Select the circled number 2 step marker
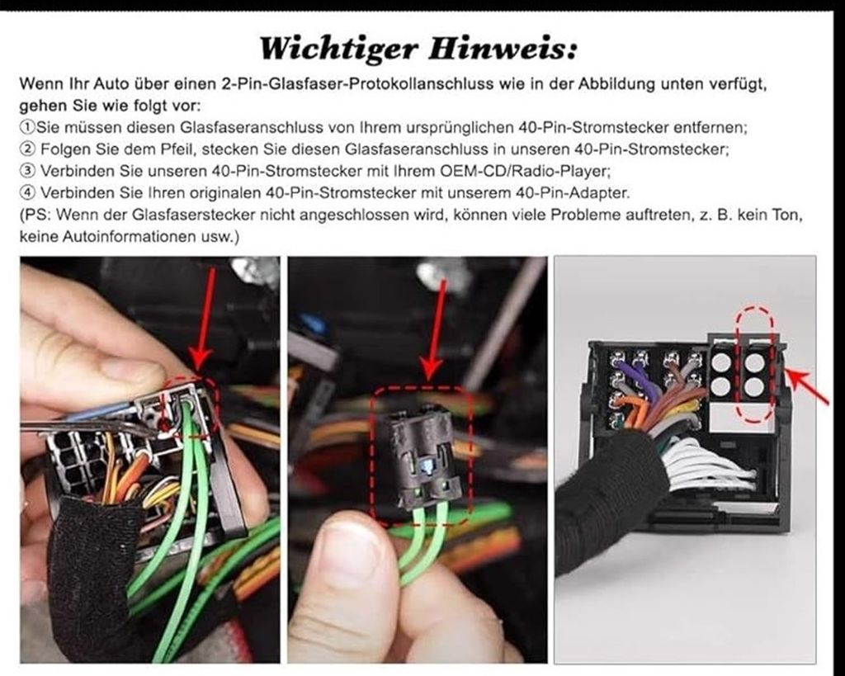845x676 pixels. (27, 150)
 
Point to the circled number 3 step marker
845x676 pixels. (27, 172)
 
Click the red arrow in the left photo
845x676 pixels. (204, 318)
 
